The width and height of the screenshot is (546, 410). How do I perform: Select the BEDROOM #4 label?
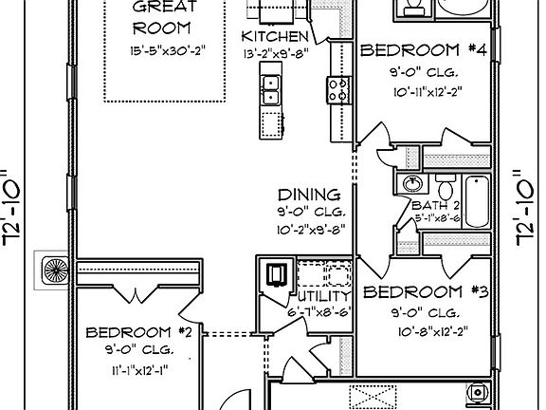click(x=424, y=49)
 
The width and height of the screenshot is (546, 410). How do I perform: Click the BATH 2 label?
click(x=435, y=205)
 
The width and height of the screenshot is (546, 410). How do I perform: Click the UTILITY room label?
click(x=314, y=296)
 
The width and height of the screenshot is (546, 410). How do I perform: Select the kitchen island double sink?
click(x=270, y=89)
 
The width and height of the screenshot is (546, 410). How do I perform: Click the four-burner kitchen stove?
click(x=337, y=90)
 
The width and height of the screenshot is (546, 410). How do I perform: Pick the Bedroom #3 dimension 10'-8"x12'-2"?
click(x=426, y=331)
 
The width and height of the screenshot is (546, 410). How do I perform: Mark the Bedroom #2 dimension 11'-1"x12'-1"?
click(x=138, y=368)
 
